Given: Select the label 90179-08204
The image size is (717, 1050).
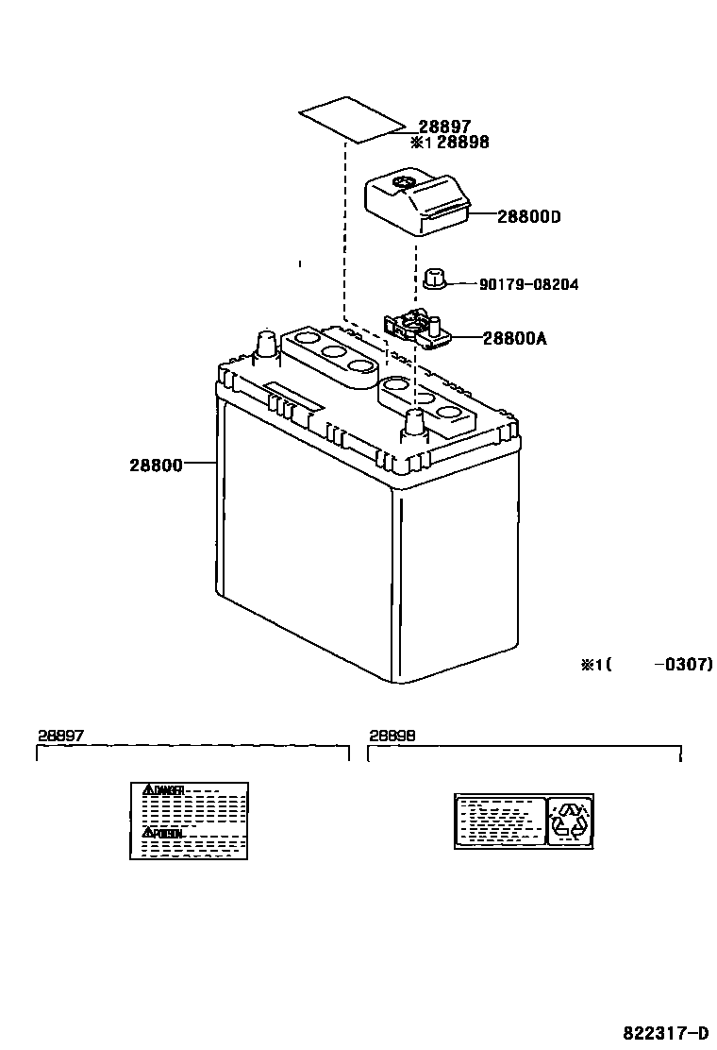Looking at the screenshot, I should click(528, 284).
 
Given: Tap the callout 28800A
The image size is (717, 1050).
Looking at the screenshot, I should click(515, 337).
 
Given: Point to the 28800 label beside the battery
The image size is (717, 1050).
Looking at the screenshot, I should click(156, 465).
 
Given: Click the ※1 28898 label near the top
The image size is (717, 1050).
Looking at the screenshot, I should click(450, 142).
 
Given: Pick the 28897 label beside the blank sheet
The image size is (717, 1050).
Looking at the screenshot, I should click(444, 126).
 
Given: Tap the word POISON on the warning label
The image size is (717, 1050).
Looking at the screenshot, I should click(167, 833).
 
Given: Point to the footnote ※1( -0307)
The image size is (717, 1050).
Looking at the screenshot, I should click(646, 665).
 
